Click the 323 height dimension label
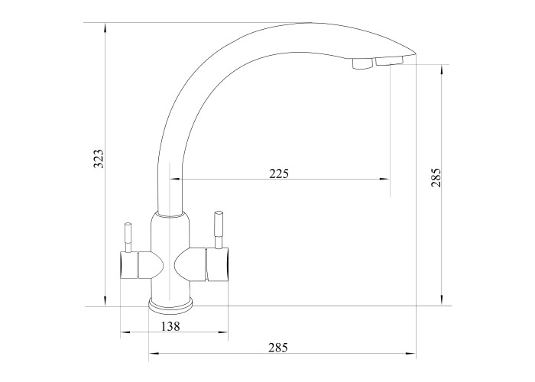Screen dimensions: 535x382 click(x=99, y=159)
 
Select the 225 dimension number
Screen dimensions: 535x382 click(x=279, y=173)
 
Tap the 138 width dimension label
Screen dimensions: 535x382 click(x=170, y=326)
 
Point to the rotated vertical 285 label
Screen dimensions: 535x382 click(x=436, y=177)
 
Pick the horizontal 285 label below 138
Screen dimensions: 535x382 click(x=278, y=348)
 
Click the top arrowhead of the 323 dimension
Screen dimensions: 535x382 click(x=105, y=28)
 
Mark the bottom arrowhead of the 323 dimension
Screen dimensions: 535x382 click(x=105, y=301)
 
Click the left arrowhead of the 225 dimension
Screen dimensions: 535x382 click(x=175, y=178)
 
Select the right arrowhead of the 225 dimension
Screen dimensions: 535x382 click(x=385, y=178)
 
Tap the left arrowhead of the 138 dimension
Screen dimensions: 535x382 click(x=126, y=332)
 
